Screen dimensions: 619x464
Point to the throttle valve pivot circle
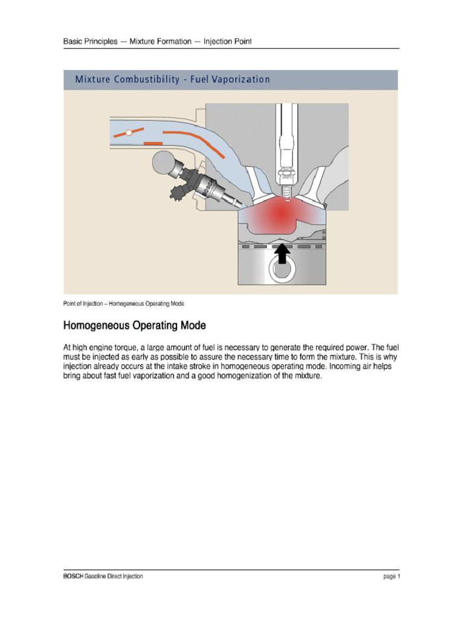point(128,132)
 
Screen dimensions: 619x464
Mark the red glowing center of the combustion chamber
point(280,212)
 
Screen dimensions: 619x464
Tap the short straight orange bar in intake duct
point(153,143)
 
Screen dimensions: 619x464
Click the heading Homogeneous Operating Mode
point(135,326)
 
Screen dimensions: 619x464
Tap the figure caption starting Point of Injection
point(123,303)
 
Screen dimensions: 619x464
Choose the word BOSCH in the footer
point(73,577)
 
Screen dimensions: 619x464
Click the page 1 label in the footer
point(391,577)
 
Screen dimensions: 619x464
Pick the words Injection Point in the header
point(227,42)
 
